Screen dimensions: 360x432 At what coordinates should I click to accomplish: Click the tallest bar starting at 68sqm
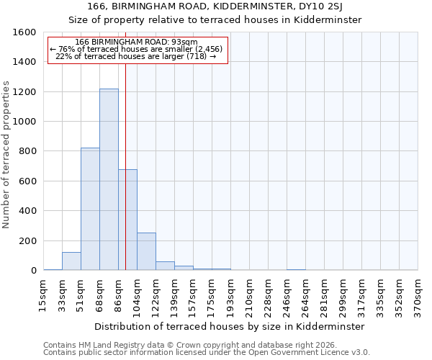click(109, 180)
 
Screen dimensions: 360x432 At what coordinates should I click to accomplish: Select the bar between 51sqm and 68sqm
click(90, 209)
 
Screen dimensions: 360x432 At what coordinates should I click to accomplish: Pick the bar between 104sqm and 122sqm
click(146, 251)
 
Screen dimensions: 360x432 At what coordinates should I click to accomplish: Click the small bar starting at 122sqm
click(165, 266)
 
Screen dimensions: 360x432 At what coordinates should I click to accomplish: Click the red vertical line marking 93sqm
click(125, 144)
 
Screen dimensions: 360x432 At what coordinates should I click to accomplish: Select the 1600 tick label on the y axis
click(25, 32)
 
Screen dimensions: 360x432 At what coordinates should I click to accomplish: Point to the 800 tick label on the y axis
click(28, 151)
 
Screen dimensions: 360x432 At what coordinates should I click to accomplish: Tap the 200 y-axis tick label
click(28, 240)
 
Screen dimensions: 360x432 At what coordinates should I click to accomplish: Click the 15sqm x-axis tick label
click(43, 293)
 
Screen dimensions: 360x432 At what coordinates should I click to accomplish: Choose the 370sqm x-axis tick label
click(418, 293)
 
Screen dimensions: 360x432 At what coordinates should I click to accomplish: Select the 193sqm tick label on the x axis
click(230, 293)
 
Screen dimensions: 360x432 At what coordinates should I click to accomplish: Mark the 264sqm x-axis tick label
click(305, 293)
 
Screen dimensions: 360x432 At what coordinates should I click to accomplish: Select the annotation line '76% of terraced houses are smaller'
click(137, 49)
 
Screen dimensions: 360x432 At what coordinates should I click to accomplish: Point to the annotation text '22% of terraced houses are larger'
click(135, 56)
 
